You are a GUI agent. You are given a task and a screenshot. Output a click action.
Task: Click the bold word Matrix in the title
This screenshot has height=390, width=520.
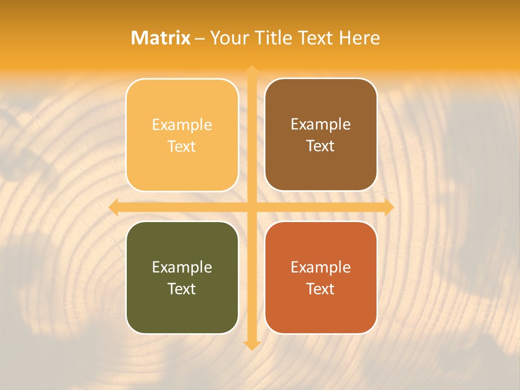coord(161,38)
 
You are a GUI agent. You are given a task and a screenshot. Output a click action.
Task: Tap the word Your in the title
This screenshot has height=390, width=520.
coord(229,38)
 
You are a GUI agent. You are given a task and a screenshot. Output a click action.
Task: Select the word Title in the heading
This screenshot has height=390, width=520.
coord(272,38)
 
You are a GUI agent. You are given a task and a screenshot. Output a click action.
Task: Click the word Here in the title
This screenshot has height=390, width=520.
coord(360,38)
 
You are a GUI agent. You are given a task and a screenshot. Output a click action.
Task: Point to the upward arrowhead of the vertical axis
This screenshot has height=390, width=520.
coord(251,70)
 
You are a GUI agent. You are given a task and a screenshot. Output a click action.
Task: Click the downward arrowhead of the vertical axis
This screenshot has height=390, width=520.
coord(251,345)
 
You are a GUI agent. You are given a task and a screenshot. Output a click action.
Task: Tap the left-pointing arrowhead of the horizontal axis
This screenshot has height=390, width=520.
coord(114,207)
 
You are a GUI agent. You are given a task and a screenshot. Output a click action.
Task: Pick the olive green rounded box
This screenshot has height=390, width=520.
coord(182,309)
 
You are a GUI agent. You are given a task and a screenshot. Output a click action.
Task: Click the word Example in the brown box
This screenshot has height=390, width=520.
coord(321,125)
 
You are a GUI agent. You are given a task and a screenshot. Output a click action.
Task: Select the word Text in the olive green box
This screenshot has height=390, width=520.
coord(182,289)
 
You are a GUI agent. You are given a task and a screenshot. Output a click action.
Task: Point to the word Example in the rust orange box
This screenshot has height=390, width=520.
coord(321,268)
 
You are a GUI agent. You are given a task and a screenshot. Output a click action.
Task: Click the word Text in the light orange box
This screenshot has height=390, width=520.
coord(182,146)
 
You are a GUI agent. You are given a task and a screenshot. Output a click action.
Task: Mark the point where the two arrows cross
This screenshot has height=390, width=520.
coord(251,207)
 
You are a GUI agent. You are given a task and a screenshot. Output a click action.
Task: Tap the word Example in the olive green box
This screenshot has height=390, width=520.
coord(182,268)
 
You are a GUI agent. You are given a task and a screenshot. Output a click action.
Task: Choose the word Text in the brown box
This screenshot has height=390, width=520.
coord(321,146)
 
